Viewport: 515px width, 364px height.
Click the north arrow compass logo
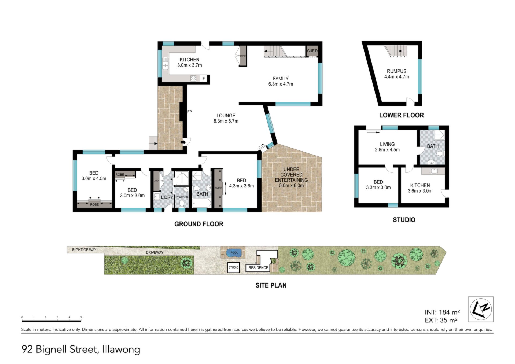tap(481, 309)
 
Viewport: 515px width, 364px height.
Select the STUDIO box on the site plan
tap(233, 267)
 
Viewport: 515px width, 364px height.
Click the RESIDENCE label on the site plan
tap(258, 268)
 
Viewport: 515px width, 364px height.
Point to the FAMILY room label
tap(281, 79)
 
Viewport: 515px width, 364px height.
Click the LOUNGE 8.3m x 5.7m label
tap(226, 118)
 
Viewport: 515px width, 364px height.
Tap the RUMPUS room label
tap(396, 71)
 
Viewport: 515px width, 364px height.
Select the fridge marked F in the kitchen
tap(204, 78)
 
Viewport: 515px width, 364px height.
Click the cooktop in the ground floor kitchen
tap(193, 78)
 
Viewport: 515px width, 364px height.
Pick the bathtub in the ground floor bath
tap(201, 203)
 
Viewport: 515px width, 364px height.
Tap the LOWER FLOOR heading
tap(402, 115)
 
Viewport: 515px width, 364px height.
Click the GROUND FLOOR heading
tap(199, 224)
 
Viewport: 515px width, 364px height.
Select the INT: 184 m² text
tap(442, 312)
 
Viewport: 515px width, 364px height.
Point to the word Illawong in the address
tap(121, 350)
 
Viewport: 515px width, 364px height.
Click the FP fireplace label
tap(189, 112)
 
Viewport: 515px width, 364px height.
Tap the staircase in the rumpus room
tap(396, 51)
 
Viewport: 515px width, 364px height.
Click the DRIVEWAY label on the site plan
tap(154, 252)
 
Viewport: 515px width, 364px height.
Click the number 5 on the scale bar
tap(81, 317)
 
